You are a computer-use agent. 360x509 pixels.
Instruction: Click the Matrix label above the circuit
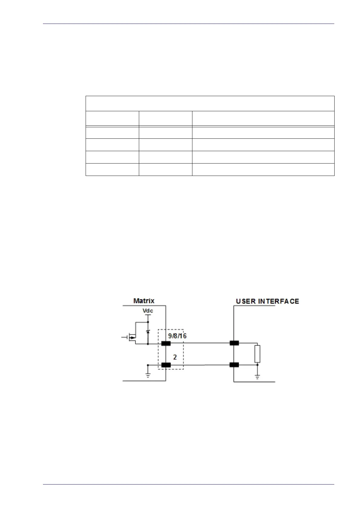[x=144, y=301]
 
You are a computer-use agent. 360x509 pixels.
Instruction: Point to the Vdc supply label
[x=148, y=311]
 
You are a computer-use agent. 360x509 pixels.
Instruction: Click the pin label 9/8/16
[x=177, y=336]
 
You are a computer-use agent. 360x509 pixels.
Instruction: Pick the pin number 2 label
[x=175, y=357]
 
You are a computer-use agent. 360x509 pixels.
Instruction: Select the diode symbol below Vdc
[x=148, y=332]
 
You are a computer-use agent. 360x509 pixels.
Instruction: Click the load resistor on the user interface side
[x=257, y=354]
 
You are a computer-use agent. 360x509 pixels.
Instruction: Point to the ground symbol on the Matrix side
[x=148, y=376]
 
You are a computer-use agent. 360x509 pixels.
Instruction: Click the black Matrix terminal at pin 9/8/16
[x=166, y=343]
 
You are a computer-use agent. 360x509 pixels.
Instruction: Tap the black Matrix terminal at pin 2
[x=166, y=365]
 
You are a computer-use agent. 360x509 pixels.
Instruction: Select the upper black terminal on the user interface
[x=234, y=343]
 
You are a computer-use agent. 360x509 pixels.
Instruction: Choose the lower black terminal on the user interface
[x=234, y=365]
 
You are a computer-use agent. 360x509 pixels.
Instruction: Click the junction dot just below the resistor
[x=257, y=365]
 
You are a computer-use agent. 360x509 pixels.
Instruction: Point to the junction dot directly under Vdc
[x=148, y=322]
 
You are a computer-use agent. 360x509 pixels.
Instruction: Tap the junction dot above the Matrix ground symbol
[x=148, y=365]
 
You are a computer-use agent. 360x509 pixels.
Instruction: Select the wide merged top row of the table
[x=210, y=103]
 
